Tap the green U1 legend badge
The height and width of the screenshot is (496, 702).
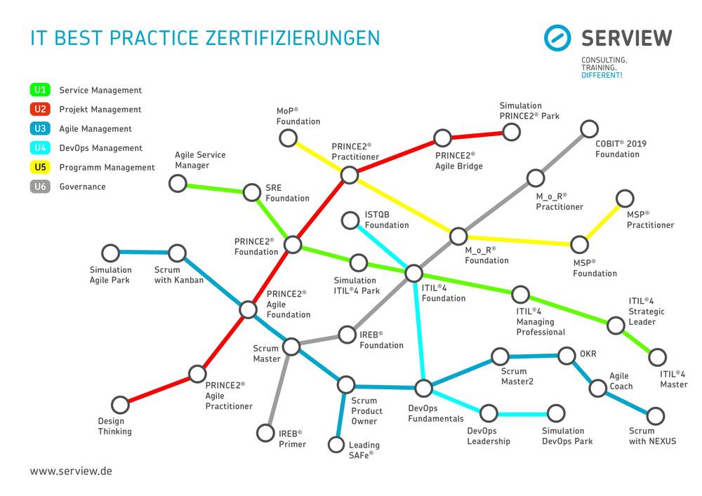40,90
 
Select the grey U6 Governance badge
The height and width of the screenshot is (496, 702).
40,187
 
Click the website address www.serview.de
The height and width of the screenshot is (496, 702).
71,471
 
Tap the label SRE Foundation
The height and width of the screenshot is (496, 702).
287,193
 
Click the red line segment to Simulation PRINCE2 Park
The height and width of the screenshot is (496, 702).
477,135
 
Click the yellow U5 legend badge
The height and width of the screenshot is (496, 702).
40,167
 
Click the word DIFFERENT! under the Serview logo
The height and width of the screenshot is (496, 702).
602,75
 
